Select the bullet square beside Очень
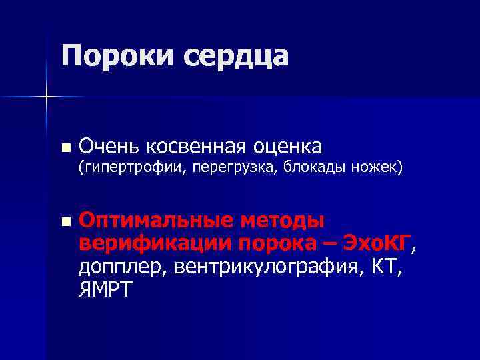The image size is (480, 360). (64, 147)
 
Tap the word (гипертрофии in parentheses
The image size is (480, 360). (132, 168)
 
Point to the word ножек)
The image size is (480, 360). (377, 167)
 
